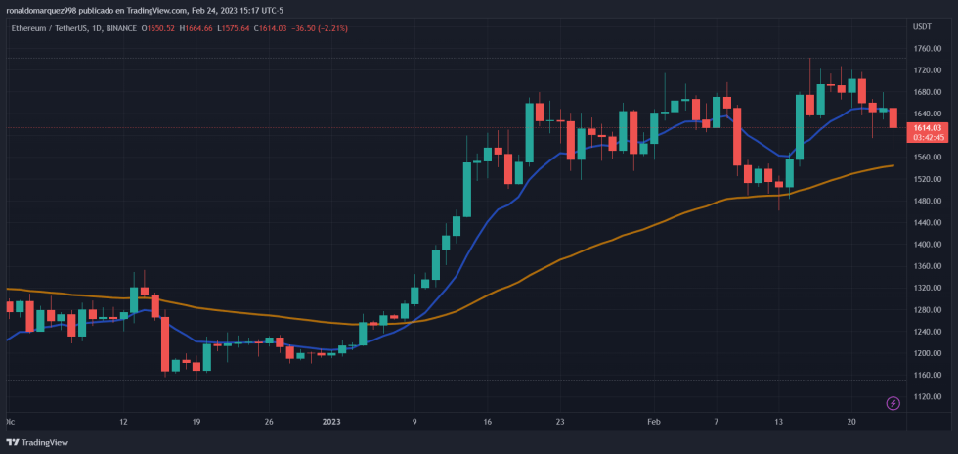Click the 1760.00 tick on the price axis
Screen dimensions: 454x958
click(926, 49)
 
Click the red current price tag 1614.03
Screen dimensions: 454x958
click(927, 127)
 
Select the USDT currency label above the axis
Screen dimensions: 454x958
click(922, 26)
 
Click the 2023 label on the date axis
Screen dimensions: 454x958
click(331, 422)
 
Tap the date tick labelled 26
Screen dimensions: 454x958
click(269, 422)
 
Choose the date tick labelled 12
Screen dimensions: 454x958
click(124, 422)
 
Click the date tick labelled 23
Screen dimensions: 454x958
click(560, 422)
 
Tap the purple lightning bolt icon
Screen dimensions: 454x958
click(893, 403)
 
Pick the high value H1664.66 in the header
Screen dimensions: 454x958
click(199, 28)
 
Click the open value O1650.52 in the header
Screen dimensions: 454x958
click(158, 28)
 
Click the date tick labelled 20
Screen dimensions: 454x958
click(851, 422)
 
